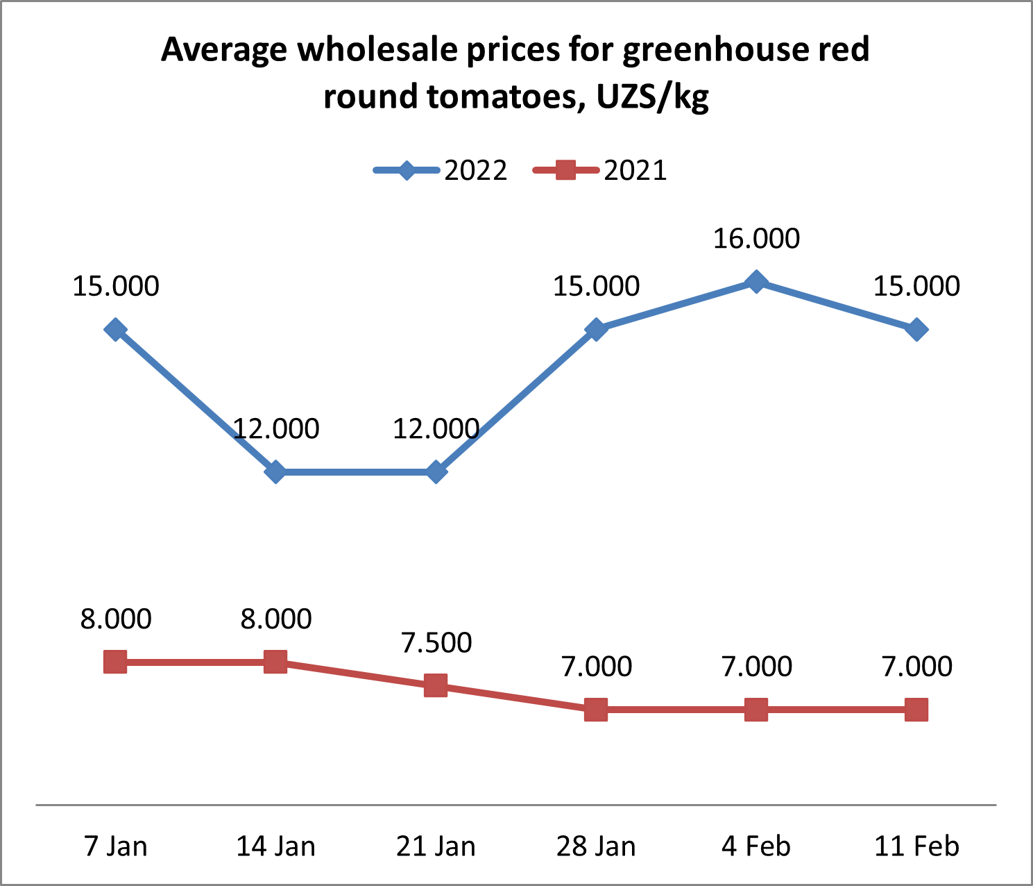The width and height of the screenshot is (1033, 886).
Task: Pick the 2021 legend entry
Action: (x=599, y=170)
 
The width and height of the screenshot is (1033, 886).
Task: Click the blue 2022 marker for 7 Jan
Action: (x=115, y=329)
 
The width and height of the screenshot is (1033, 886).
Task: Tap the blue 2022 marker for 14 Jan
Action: (x=275, y=472)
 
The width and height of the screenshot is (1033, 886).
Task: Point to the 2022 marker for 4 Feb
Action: (x=756, y=282)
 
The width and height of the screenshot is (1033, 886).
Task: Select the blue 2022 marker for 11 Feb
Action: (x=916, y=329)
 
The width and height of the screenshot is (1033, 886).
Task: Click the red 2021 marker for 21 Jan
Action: (x=436, y=686)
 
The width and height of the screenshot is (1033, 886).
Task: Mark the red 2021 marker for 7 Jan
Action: (x=115, y=662)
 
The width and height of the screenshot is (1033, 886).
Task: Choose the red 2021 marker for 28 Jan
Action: (x=596, y=710)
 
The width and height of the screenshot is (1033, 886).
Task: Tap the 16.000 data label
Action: (x=756, y=239)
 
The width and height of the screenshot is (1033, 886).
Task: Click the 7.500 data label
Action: (x=436, y=643)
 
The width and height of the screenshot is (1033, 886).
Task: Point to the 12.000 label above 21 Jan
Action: (x=436, y=429)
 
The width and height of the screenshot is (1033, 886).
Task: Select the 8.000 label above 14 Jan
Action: (x=276, y=619)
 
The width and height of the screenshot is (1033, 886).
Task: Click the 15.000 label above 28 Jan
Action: (x=596, y=286)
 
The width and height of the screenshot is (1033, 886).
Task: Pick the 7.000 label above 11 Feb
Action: (x=916, y=667)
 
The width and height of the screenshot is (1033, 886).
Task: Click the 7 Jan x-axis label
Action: (x=115, y=846)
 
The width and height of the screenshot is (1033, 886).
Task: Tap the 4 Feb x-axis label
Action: (x=756, y=846)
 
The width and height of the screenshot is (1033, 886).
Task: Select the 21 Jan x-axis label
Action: (x=436, y=846)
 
